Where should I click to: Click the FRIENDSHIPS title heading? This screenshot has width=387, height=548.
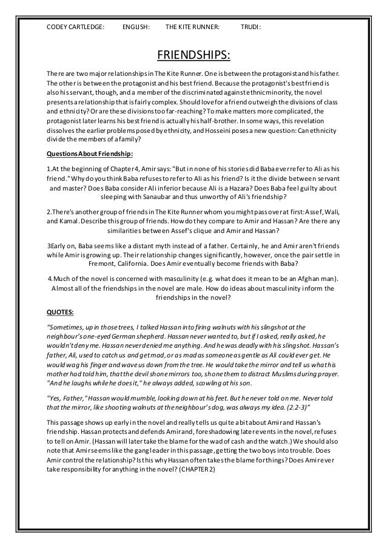click(193, 56)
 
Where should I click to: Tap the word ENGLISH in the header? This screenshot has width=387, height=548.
click(136, 27)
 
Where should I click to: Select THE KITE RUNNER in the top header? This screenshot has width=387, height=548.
click(192, 27)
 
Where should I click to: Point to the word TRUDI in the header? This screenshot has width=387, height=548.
click(251, 27)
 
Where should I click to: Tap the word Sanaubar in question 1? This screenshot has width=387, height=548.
click(164, 197)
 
